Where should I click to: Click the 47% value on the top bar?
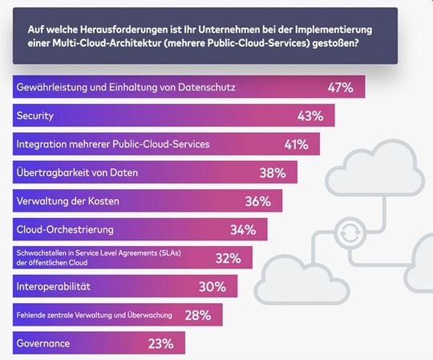(341, 87)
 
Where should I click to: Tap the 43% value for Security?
(310, 115)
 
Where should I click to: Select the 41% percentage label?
(295, 144)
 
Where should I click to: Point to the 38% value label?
(273, 172)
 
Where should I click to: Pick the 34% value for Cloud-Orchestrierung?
(242, 230)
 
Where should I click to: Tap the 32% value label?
(228, 258)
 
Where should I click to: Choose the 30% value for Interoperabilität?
(212, 286)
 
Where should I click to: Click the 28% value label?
(197, 315)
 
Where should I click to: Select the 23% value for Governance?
(160, 344)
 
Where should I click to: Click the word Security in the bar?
(35, 115)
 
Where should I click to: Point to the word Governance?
(42, 344)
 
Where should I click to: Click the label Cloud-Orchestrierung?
(65, 230)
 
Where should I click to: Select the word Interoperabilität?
(54, 286)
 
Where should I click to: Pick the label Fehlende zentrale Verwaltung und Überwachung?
(89, 315)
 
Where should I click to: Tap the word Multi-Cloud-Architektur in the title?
(100, 43)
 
